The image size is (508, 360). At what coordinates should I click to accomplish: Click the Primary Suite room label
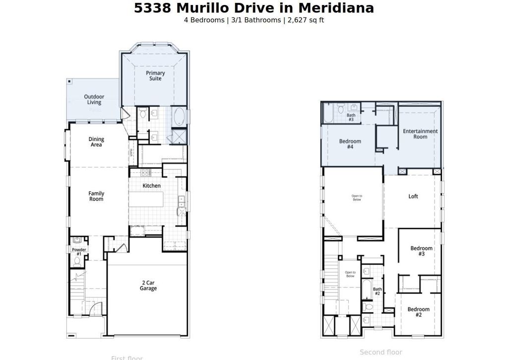155,75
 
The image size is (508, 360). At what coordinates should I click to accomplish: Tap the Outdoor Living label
94,99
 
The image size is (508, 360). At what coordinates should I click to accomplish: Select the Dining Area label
96,142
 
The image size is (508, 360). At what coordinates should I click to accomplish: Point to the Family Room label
96,196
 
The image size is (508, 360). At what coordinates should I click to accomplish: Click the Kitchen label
152,186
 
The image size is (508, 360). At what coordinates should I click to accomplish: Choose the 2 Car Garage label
148,286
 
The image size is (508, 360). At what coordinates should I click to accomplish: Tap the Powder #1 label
79,252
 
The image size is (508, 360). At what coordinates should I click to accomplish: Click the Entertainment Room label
420,134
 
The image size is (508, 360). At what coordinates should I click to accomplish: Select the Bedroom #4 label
350,144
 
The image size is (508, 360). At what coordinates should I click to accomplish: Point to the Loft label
413,196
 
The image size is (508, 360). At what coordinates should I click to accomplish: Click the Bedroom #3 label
421,251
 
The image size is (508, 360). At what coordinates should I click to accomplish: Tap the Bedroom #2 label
418,312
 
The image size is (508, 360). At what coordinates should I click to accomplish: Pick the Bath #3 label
351,117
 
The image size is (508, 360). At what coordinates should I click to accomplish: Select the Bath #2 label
377,291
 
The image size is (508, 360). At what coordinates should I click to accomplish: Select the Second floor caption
381,352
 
